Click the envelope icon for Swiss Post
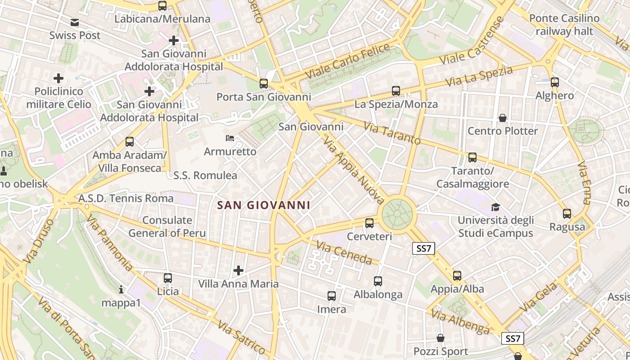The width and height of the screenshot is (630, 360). coord(75,22)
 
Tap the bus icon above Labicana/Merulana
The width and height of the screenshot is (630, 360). coord(162,6)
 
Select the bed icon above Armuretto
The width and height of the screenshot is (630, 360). coord(230,138)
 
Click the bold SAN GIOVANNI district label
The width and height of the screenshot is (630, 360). coord(264,205)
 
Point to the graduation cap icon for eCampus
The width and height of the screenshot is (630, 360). coord(495,207)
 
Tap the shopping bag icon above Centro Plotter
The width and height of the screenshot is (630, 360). coord(503,118)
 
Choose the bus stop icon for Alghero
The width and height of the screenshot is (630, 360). coord(555,82)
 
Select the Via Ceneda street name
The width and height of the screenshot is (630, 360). coord(344,253)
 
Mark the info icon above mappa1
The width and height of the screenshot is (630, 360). coord(121,289)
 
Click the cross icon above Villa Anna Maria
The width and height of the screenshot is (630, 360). coord(238,270)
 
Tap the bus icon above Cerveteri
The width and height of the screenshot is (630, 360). coord(369,223)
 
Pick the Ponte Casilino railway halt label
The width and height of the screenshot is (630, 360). coord(564,25)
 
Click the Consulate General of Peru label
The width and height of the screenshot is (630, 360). coord(167,226)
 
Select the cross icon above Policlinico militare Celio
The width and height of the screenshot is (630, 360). coord(58,78)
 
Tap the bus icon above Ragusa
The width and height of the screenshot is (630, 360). coord(567,214)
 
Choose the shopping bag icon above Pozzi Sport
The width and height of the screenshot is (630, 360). coord(441,338)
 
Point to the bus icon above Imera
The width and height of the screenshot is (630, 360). coord(332,296)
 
